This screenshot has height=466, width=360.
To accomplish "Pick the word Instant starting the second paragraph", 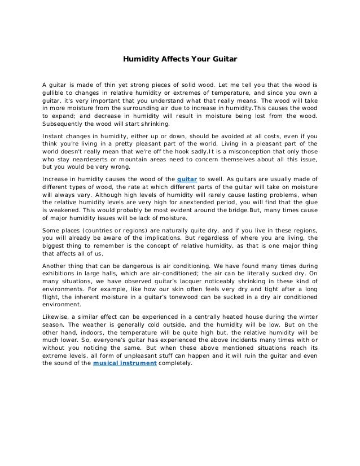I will pyautogui.click(x=55, y=136).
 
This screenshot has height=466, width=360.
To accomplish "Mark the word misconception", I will pyautogui.click(x=259, y=152).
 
